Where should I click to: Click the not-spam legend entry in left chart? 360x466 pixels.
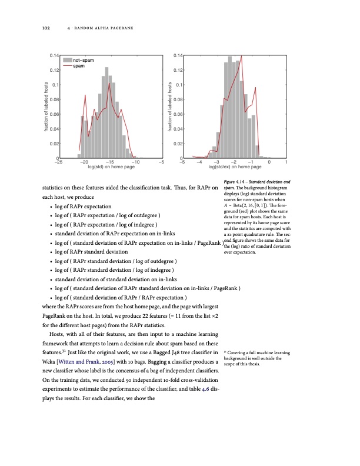click(82, 60)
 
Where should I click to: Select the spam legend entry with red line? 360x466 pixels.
click(78, 65)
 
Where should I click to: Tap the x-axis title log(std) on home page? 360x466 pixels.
click(111, 168)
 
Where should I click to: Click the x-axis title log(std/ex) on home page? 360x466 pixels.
click(234, 168)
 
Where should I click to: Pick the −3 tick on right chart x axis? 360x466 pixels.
click(216, 162)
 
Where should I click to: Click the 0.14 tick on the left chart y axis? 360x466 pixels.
click(52, 55)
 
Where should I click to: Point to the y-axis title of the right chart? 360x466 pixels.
click(169, 106)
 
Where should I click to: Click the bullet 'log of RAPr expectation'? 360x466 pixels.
click(82, 207)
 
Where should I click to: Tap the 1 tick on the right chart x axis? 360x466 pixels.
click(285, 162)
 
